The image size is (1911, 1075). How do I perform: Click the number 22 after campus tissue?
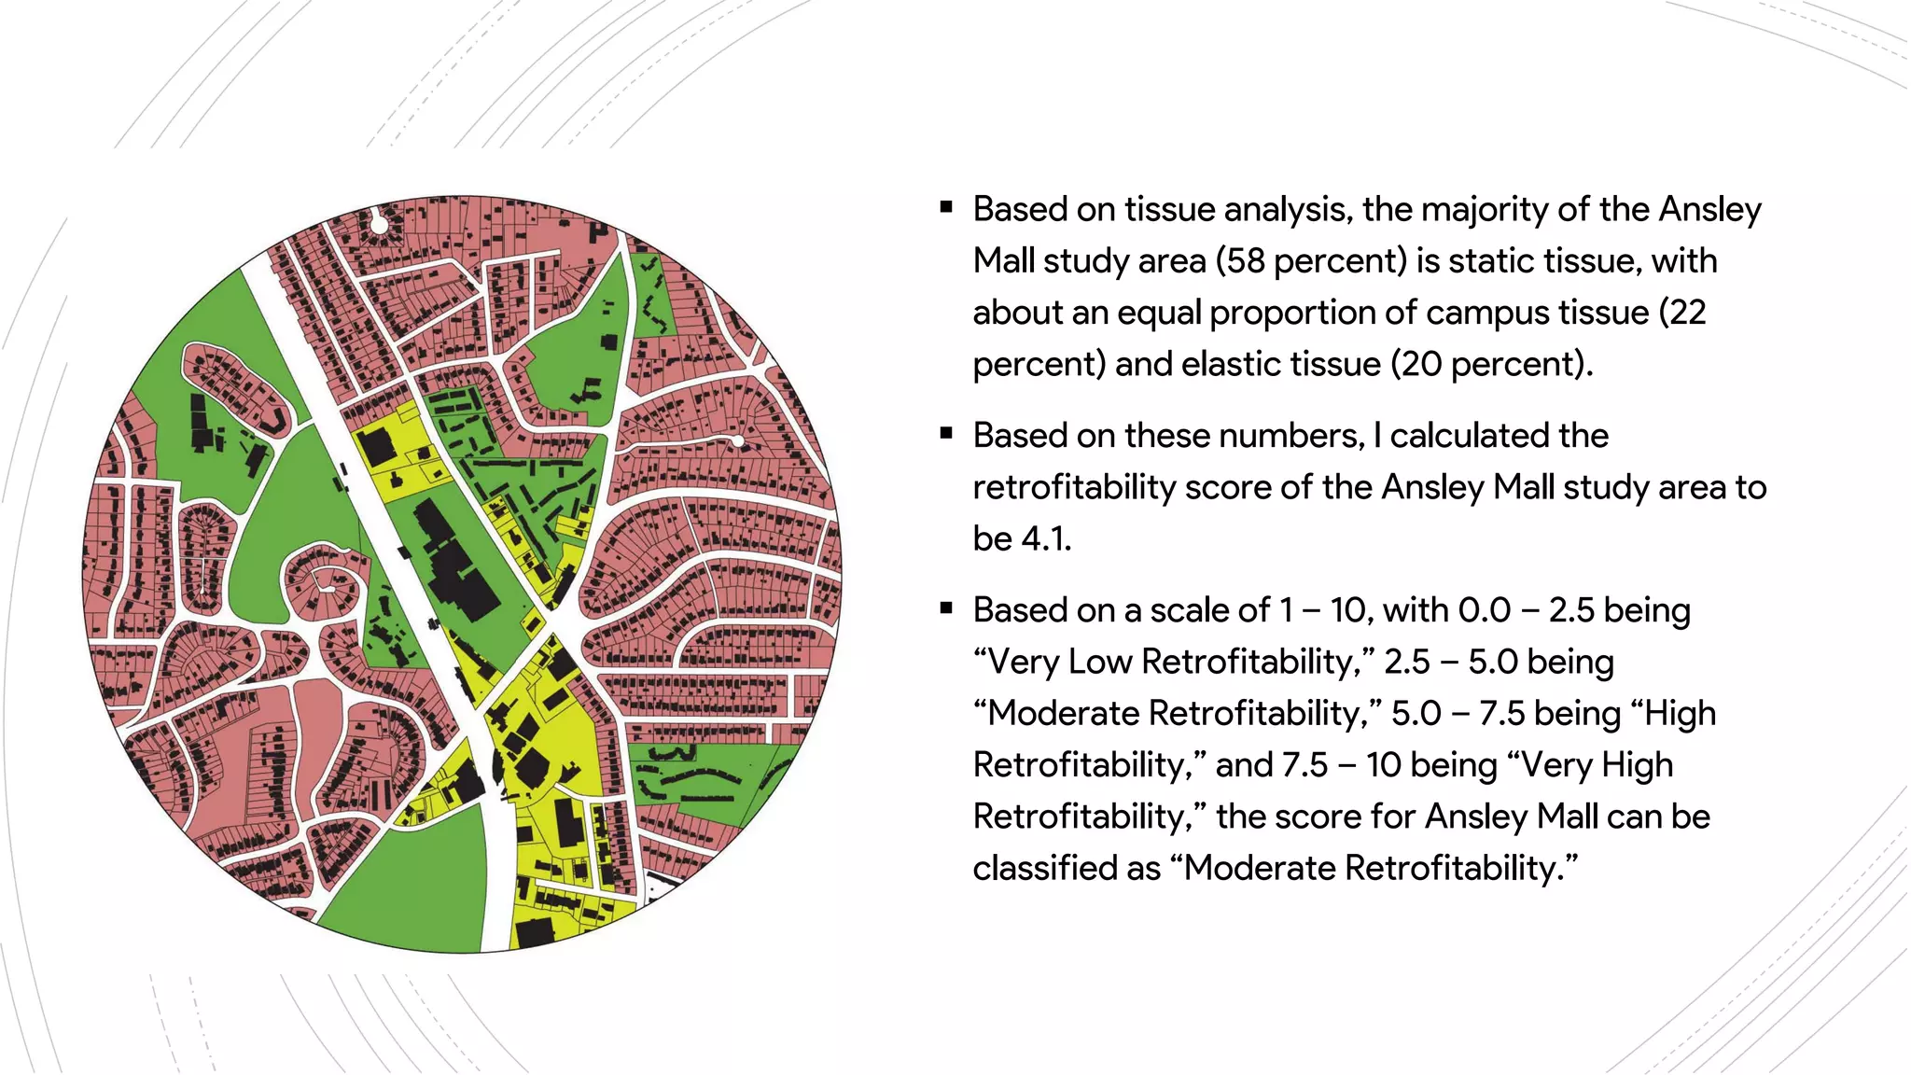pyautogui.click(x=1687, y=313)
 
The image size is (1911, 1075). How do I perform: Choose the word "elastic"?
pyautogui.click(x=1221, y=364)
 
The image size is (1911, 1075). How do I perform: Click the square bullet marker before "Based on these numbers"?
pyautogui.click(x=946, y=433)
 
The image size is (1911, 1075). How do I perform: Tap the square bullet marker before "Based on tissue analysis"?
pyautogui.click(x=946, y=207)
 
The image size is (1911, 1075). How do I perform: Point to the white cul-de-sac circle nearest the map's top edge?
pyautogui.click(x=379, y=224)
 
